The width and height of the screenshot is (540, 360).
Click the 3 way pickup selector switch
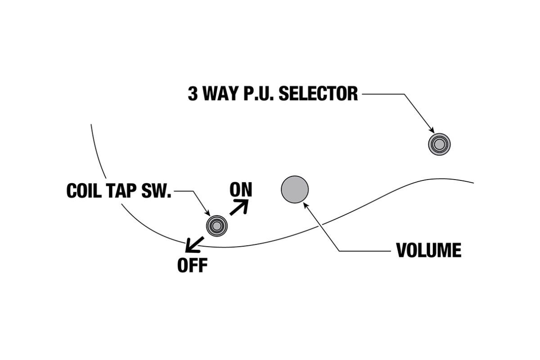click(x=439, y=144)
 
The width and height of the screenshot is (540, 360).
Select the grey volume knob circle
click(x=295, y=189)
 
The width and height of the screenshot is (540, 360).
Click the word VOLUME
click(x=428, y=250)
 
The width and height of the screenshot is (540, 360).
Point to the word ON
click(x=241, y=190)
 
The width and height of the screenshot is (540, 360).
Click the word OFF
click(x=192, y=265)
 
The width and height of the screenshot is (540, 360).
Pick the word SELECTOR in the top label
click(x=319, y=94)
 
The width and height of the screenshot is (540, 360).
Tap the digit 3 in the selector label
click(x=193, y=94)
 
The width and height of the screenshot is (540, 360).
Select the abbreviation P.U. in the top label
click(x=259, y=94)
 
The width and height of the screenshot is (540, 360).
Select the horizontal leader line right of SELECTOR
click(x=382, y=94)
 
